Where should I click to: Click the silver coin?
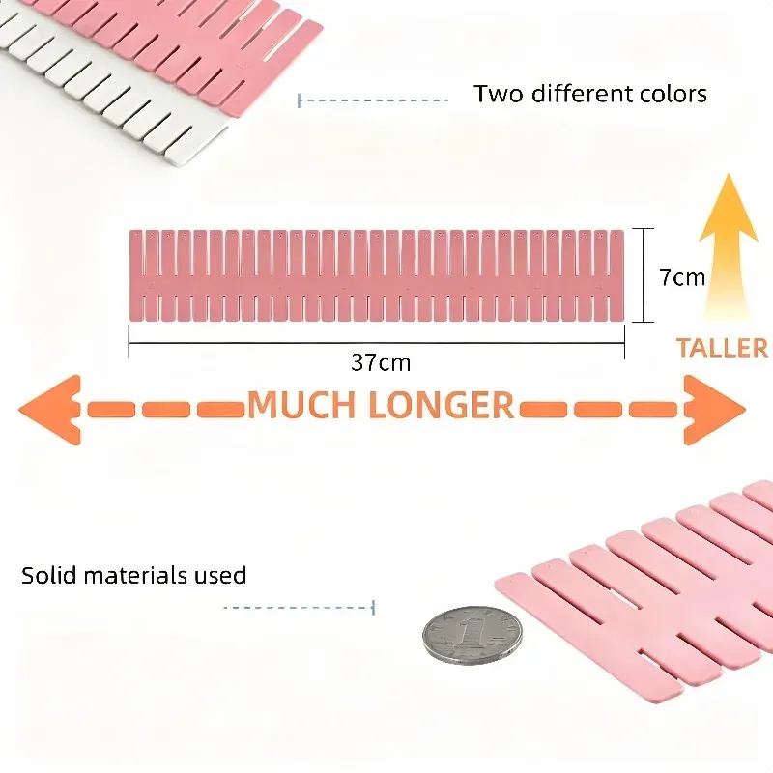(472, 636)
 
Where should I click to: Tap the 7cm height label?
(682, 277)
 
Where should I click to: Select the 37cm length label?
(381, 363)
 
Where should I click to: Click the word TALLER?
(722, 348)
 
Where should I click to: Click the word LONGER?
(442, 405)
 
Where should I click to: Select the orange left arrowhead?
(50, 410)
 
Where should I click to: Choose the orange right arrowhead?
(714, 410)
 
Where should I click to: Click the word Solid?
(49, 575)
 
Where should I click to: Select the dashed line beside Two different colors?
(373, 100)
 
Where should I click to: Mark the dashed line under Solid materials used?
(300, 608)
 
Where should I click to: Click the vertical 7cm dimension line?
(643, 275)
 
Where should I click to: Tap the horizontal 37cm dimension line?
(377, 342)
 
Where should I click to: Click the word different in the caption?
(582, 94)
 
